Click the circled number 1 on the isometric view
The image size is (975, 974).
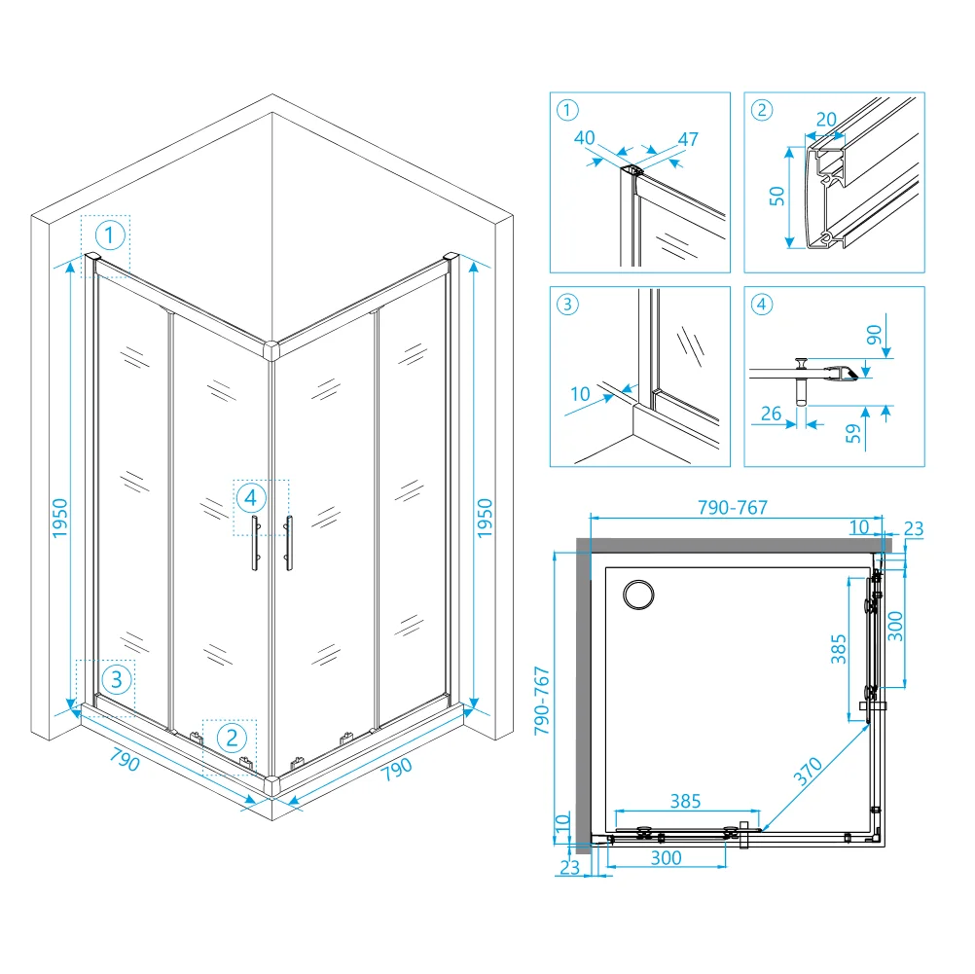(110, 235)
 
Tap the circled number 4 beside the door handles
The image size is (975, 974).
(251, 497)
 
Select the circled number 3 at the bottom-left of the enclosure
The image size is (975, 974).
(116, 679)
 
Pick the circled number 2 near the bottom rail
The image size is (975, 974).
(232, 738)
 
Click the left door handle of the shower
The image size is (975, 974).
(256, 542)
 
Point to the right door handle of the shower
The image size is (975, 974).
(289, 542)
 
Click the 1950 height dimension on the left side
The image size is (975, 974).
(59, 518)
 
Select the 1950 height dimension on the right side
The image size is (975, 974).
(485, 518)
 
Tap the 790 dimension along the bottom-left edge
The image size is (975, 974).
(125, 759)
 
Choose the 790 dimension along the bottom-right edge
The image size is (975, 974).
(397, 769)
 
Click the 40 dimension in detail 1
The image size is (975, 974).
(585, 137)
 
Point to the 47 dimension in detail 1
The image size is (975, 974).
(688, 139)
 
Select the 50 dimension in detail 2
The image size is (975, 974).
(776, 196)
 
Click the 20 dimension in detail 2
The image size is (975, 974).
(826, 119)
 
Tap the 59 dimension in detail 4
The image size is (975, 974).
(853, 433)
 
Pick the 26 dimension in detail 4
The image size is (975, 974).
(771, 413)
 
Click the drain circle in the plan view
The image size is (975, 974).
(638, 595)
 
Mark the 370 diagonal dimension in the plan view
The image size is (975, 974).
(808, 772)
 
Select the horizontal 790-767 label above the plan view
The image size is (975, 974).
(733, 508)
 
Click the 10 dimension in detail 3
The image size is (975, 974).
(580, 394)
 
